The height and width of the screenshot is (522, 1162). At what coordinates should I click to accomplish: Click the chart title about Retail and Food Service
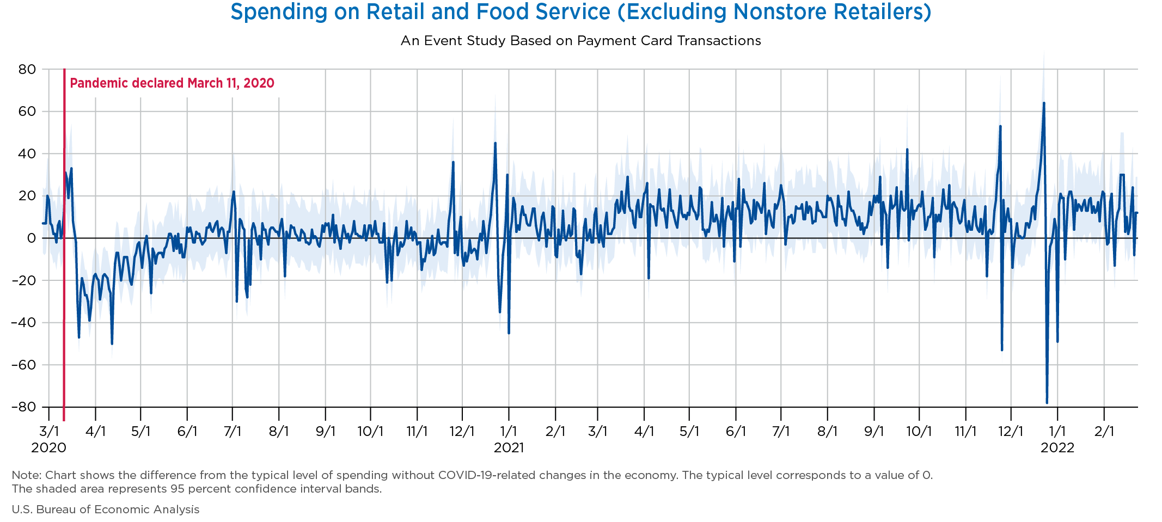pos(580,12)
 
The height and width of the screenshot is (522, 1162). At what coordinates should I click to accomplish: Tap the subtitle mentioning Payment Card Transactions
pos(580,41)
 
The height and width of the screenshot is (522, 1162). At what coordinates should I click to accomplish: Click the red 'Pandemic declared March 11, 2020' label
pos(172,83)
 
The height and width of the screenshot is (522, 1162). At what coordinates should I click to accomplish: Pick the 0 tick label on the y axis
pos(32,238)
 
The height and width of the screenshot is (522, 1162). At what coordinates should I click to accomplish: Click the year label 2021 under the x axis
pos(509,448)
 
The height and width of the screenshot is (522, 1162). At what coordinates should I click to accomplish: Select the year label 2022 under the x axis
pos(1057,448)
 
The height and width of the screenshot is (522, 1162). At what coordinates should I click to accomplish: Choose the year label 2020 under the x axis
pos(49,448)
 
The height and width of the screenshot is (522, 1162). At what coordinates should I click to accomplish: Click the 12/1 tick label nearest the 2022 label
pos(1011,432)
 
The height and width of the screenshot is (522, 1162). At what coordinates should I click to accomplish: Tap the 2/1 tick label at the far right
pos(1104,432)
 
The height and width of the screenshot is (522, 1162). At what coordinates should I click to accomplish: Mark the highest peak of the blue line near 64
pos(1044,103)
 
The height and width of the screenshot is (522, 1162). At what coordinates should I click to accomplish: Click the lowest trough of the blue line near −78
pos(1047,403)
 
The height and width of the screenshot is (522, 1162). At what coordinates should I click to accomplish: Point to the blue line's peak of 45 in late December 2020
pos(495,143)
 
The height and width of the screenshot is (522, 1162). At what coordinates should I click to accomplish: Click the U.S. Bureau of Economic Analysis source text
pos(106,509)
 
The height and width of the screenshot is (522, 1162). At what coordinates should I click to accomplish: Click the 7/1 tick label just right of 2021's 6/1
pos(781,432)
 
